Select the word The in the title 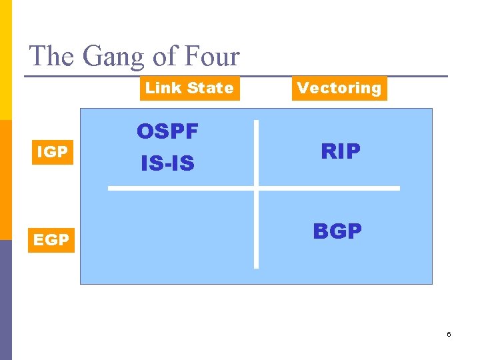(x=53, y=56)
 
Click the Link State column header (x=189, y=88)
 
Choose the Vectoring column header (x=339, y=88)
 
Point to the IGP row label (x=52, y=152)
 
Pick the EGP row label (x=51, y=239)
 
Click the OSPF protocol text (x=167, y=132)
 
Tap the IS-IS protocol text (x=167, y=163)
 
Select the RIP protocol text (x=341, y=152)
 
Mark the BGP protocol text (x=337, y=231)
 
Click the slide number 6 (x=449, y=333)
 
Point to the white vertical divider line (x=256, y=227)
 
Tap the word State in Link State (x=211, y=88)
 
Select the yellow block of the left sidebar (x=5, y=60)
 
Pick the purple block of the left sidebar (x=5, y=300)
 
